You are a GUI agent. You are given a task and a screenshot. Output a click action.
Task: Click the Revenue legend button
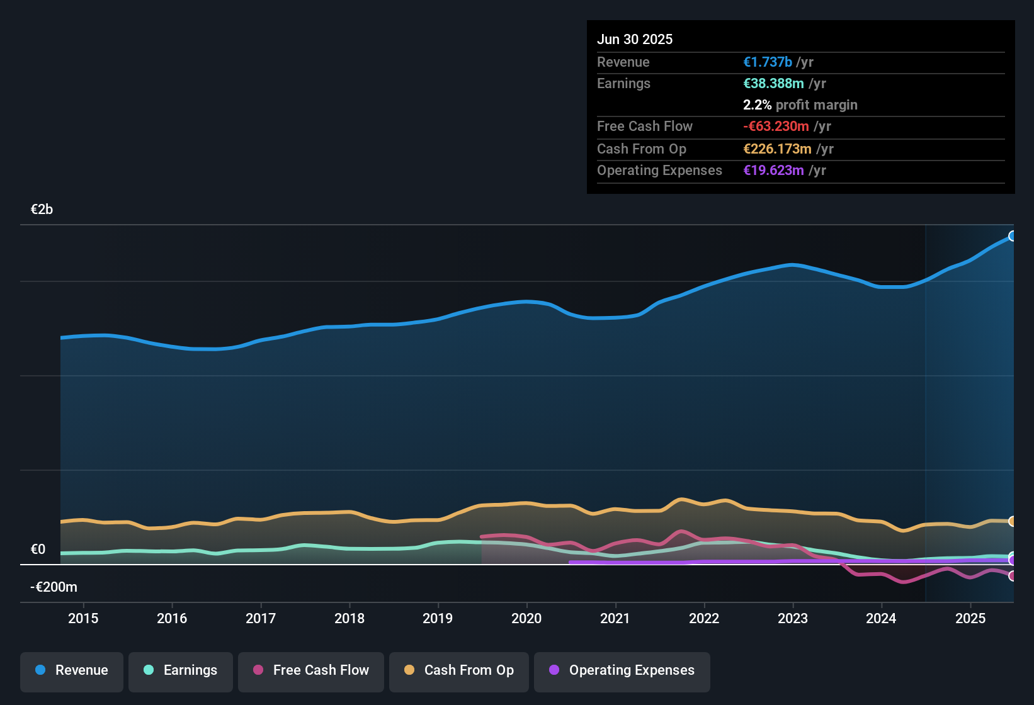[x=72, y=670]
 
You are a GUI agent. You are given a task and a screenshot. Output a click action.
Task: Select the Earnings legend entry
[x=181, y=670]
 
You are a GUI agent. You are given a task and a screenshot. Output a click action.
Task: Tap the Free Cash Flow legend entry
[x=311, y=670]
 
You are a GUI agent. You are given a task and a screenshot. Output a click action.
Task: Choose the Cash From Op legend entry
[x=459, y=670]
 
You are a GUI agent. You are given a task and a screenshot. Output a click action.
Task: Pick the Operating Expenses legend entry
[x=622, y=670]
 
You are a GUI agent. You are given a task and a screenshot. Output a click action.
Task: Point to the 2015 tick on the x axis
[x=83, y=618]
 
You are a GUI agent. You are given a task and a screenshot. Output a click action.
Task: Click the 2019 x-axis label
[x=438, y=618]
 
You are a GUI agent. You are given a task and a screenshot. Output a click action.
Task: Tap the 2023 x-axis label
[x=793, y=618]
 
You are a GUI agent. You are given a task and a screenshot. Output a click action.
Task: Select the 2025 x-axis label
[x=970, y=618]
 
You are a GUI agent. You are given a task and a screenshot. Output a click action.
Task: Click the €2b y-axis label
[x=42, y=210]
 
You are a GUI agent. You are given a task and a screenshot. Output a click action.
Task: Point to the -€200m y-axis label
[x=54, y=587]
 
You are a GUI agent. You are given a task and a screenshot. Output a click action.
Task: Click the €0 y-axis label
[x=38, y=550]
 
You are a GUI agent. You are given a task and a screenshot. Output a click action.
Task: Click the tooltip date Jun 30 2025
[x=635, y=39]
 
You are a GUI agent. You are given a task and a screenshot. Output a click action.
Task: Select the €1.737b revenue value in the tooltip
[x=768, y=62]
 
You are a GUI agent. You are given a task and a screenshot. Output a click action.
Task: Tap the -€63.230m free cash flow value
[x=776, y=126]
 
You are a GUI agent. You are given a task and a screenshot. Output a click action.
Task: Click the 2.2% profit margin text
[x=800, y=104]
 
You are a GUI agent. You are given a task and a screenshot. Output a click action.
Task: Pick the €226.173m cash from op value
[x=777, y=149]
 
